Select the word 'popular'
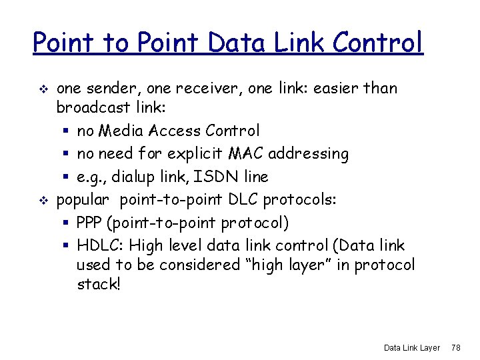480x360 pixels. coord(83,199)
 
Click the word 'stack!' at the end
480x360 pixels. coord(99,285)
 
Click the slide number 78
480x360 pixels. coord(456,347)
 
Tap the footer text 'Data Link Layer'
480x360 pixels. coord(412,347)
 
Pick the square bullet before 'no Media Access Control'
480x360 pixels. coord(67,131)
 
